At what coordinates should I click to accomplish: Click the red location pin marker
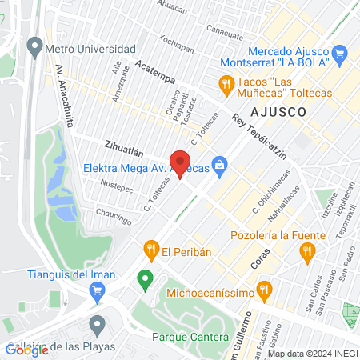coord(181,162)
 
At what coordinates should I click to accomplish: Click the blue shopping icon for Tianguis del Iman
coord(98,291)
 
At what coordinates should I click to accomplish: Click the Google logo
coord(26,350)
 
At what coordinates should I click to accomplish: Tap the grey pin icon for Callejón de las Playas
coord(98,325)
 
